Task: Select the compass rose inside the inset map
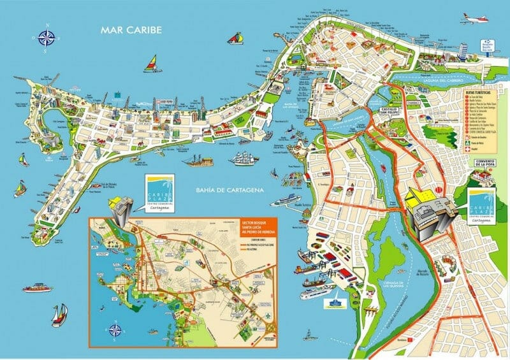pos(115,329)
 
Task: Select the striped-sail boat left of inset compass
pos(59,313)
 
